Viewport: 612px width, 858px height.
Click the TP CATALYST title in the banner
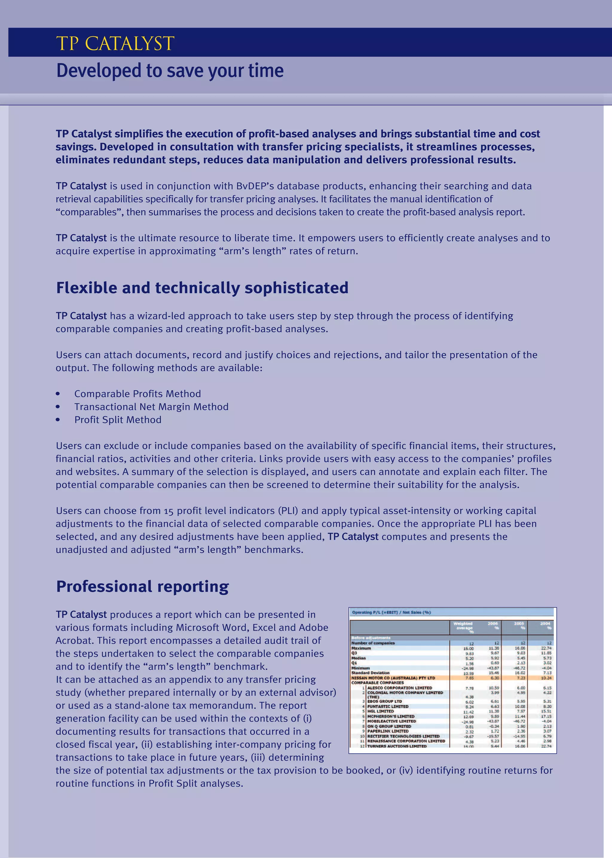[115, 43]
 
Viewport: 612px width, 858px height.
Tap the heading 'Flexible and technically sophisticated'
[202, 288]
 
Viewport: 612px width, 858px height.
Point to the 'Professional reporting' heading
[143, 587]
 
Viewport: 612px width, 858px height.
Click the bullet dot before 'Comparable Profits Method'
[58, 394]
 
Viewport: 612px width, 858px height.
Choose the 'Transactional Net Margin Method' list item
[151, 407]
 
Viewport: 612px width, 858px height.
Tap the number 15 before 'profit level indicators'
[169, 511]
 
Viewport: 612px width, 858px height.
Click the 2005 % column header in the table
[519, 626]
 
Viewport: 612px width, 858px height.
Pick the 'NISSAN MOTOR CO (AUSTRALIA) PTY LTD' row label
[393, 678]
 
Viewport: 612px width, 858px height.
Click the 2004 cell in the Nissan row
[546, 678]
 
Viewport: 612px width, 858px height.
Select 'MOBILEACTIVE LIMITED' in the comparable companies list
[391, 721]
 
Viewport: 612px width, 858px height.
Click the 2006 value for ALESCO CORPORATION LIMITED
[494, 688]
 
